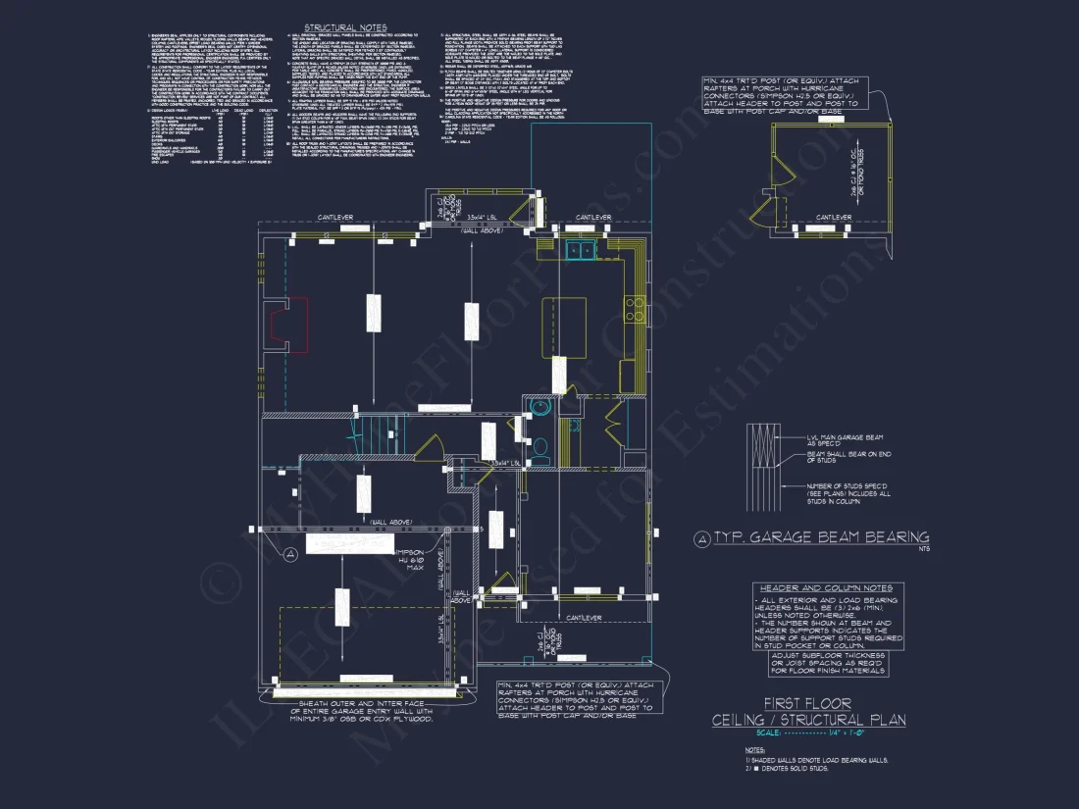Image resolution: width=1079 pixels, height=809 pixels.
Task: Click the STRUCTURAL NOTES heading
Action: pyautogui.click(x=344, y=27)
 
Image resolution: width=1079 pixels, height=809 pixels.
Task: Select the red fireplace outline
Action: pyautogui.click(x=291, y=325)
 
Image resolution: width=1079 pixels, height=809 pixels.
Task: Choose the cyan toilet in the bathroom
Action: pyautogui.click(x=539, y=447)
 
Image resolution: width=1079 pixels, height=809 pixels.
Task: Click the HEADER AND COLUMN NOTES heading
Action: pyautogui.click(x=826, y=587)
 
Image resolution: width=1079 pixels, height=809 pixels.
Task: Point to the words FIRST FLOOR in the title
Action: pyautogui.click(x=808, y=703)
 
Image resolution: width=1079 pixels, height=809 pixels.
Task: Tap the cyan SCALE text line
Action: pyautogui.click(x=808, y=733)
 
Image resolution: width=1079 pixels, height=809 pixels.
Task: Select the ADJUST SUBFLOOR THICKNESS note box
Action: pyautogui.click(x=829, y=663)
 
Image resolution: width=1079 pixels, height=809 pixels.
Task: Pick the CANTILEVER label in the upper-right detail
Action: pyautogui.click(x=835, y=218)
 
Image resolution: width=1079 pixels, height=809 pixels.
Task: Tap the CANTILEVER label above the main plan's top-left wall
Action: pyautogui.click(x=328, y=217)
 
